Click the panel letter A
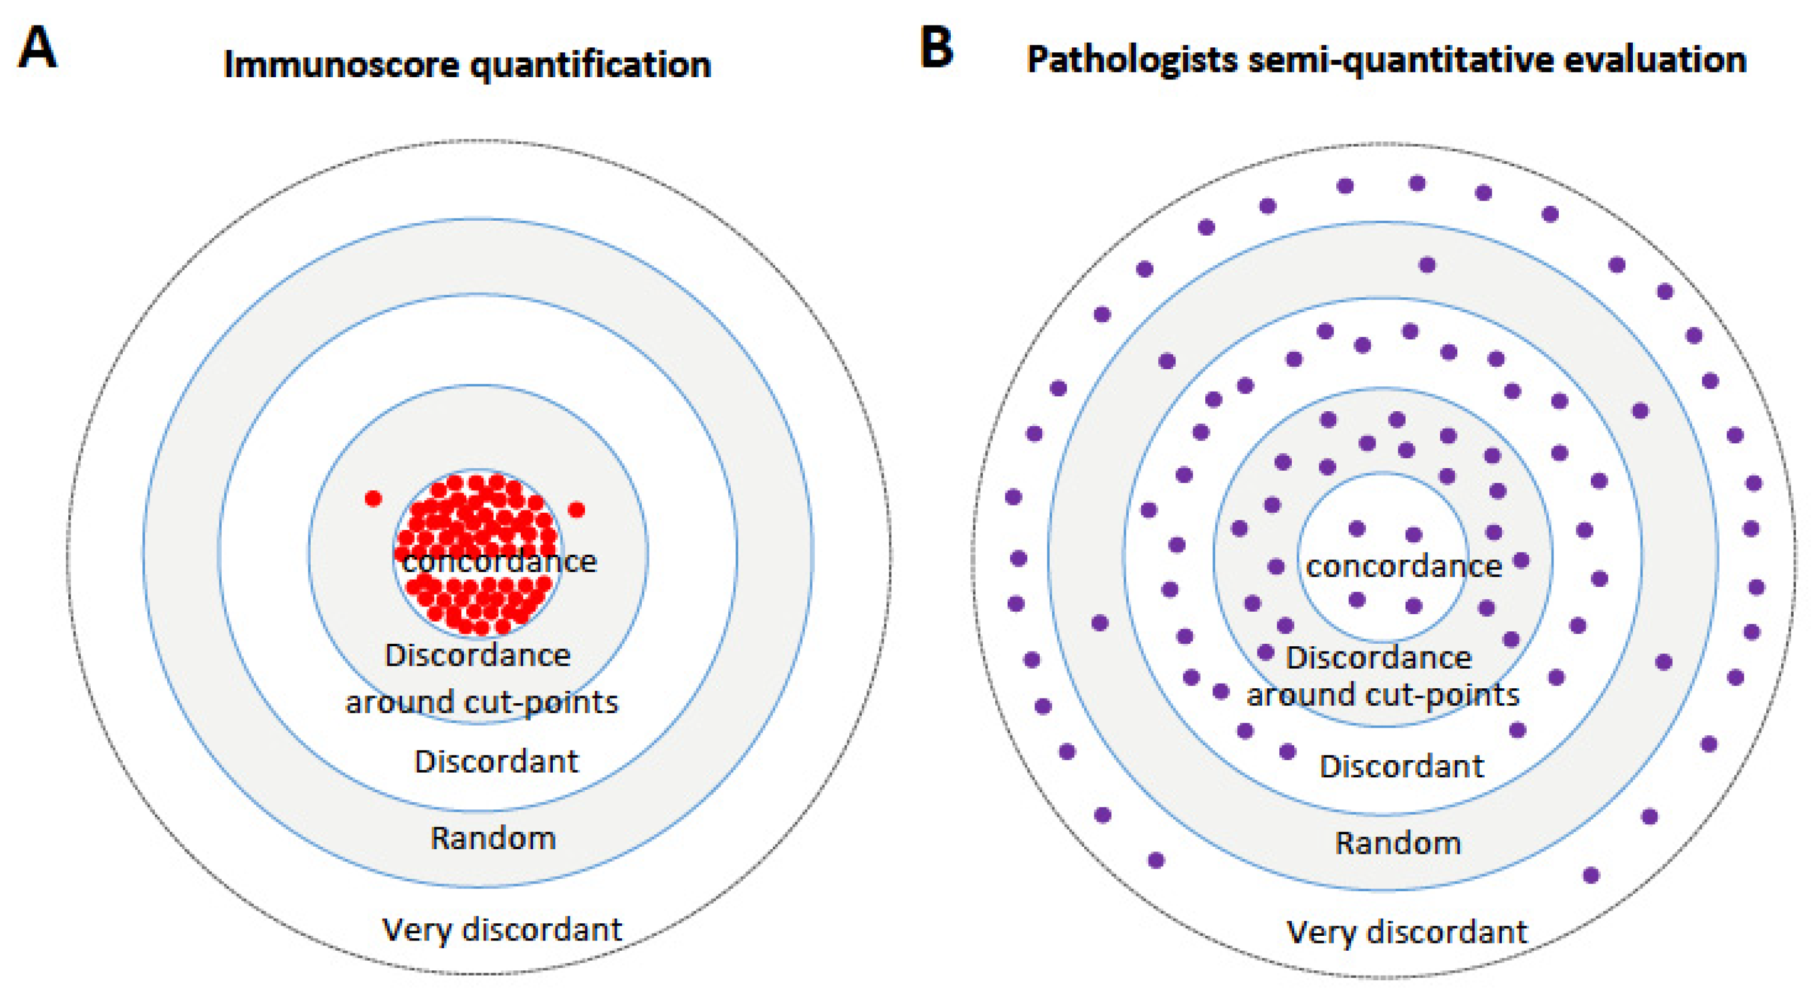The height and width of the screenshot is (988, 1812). coord(37,48)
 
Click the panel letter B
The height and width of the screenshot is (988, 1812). coord(936,48)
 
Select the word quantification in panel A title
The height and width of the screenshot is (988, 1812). coord(590,65)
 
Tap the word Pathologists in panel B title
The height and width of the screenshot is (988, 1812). coord(1131,60)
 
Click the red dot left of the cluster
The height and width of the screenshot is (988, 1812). coord(373,499)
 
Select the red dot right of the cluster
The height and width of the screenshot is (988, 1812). coord(576,509)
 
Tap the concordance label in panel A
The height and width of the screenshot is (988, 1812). coord(499,561)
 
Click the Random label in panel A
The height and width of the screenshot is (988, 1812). coord(493,838)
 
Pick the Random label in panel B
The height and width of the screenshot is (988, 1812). coord(1397,843)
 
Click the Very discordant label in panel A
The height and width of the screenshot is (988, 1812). coord(502,930)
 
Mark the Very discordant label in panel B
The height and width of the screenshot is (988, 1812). coord(1407,932)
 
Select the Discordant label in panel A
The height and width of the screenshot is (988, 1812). coord(496,761)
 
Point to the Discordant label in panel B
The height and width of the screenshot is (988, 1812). coord(1401,766)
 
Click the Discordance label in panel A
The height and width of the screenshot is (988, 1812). coord(477,655)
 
